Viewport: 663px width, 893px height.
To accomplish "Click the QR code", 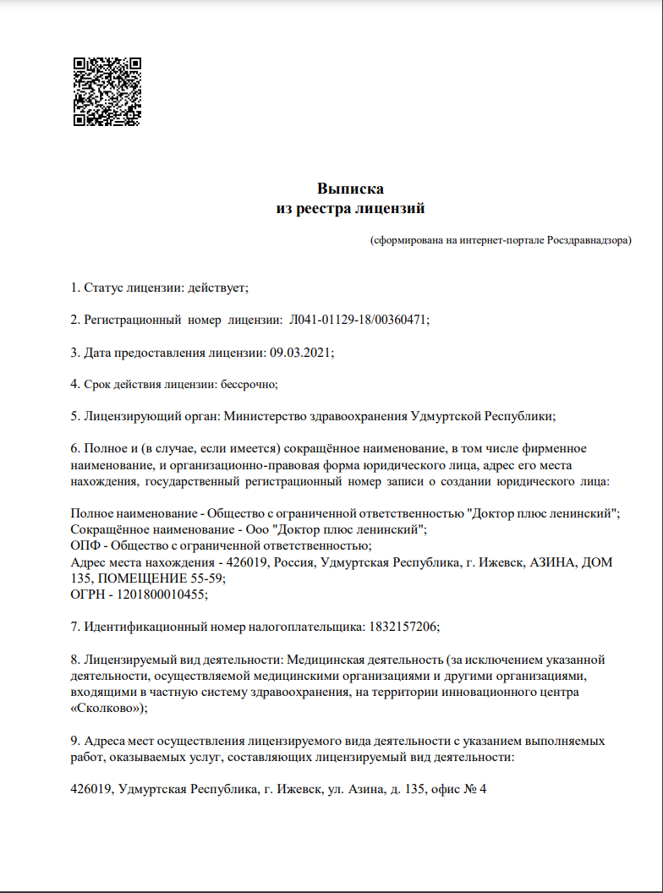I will (107, 91).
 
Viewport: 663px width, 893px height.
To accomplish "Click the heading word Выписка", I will (350, 189).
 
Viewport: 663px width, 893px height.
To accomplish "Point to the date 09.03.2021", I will (300, 352).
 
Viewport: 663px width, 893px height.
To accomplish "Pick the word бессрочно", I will (248, 384).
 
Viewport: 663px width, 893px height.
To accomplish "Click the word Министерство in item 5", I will (277, 416).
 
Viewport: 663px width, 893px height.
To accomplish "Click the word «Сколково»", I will (106, 708).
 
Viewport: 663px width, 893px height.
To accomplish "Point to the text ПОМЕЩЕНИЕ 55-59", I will (161, 578).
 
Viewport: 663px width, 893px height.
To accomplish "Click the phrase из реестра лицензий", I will (350, 208).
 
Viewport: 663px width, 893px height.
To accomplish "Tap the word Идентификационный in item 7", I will (140, 627).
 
